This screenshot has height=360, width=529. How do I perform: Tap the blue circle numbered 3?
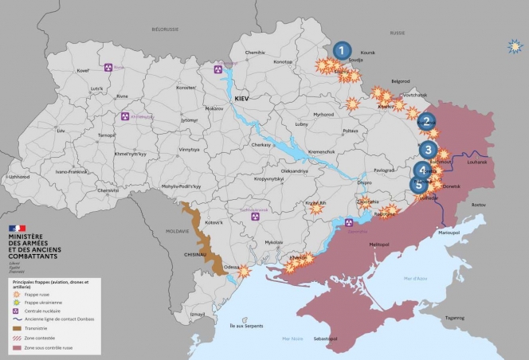[428, 149]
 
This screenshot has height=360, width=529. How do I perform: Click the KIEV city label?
[242, 97]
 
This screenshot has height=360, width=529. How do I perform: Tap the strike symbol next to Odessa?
[244, 272]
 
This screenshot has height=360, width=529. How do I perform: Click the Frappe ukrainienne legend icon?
[17, 303]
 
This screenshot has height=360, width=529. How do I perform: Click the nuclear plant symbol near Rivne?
[109, 68]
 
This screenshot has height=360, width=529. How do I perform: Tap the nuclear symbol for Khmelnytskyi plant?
[125, 116]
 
